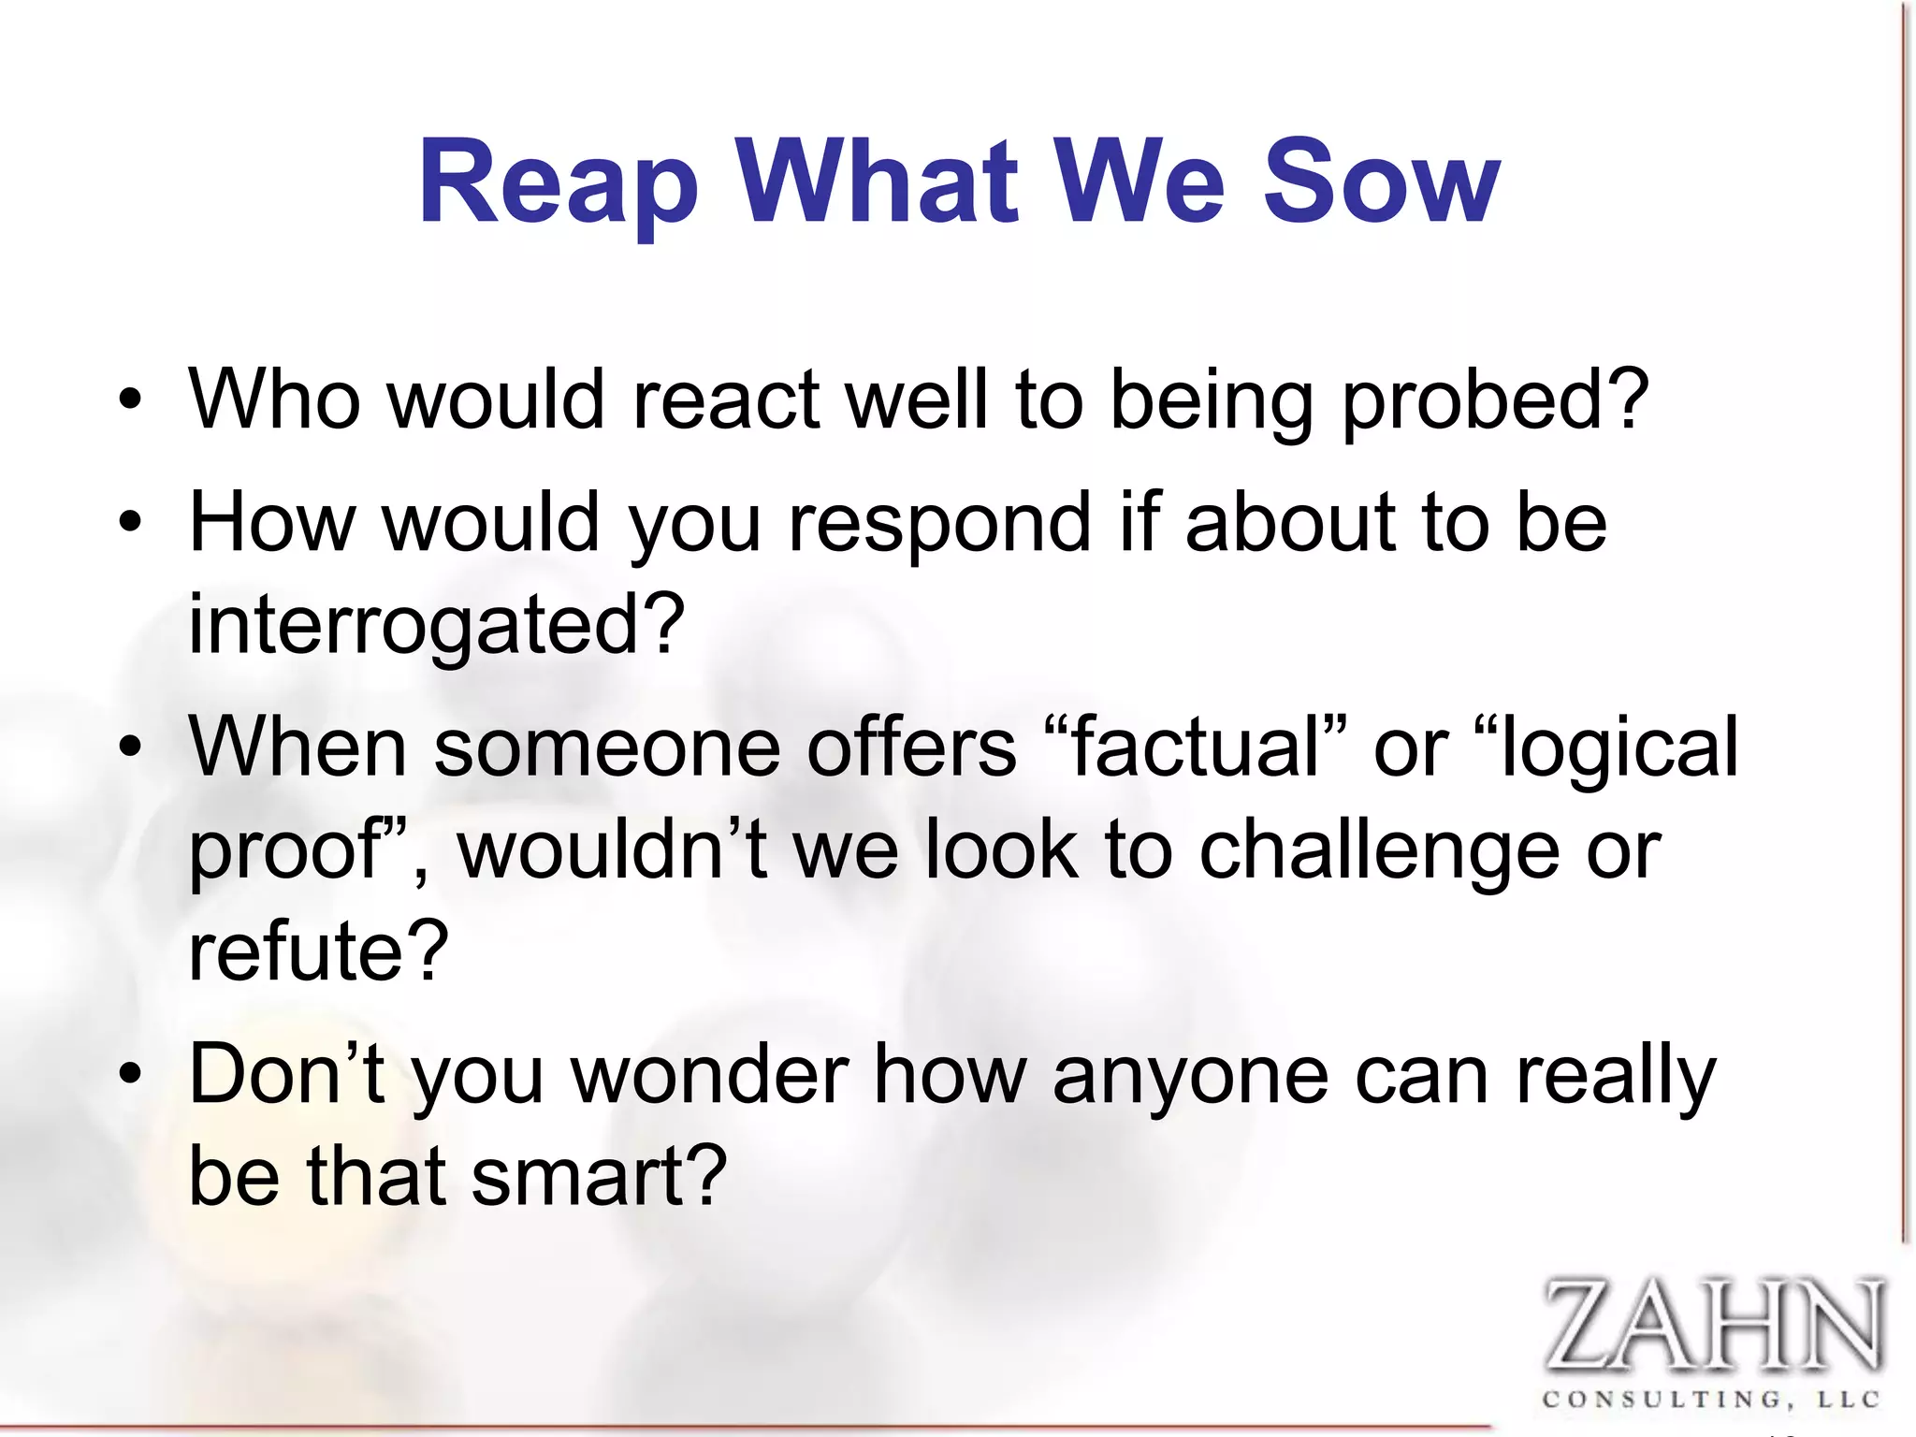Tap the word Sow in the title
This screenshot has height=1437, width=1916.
[1381, 182]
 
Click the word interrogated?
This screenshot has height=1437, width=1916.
[436, 624]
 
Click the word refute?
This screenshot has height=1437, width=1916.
[318, 951]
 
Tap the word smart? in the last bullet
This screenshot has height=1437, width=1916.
[599, 1176]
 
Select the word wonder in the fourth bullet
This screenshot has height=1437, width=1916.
[710, 1076]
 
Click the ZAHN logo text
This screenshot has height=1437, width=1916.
[1711, 1325]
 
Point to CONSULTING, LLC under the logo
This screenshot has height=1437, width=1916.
[1711, 1400]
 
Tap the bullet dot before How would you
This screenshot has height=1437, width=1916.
[130, 523]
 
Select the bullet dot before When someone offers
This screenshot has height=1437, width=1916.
[130, 748]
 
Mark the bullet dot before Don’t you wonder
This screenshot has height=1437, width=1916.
[130, 1076]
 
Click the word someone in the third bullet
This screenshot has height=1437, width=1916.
[606, 748]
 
